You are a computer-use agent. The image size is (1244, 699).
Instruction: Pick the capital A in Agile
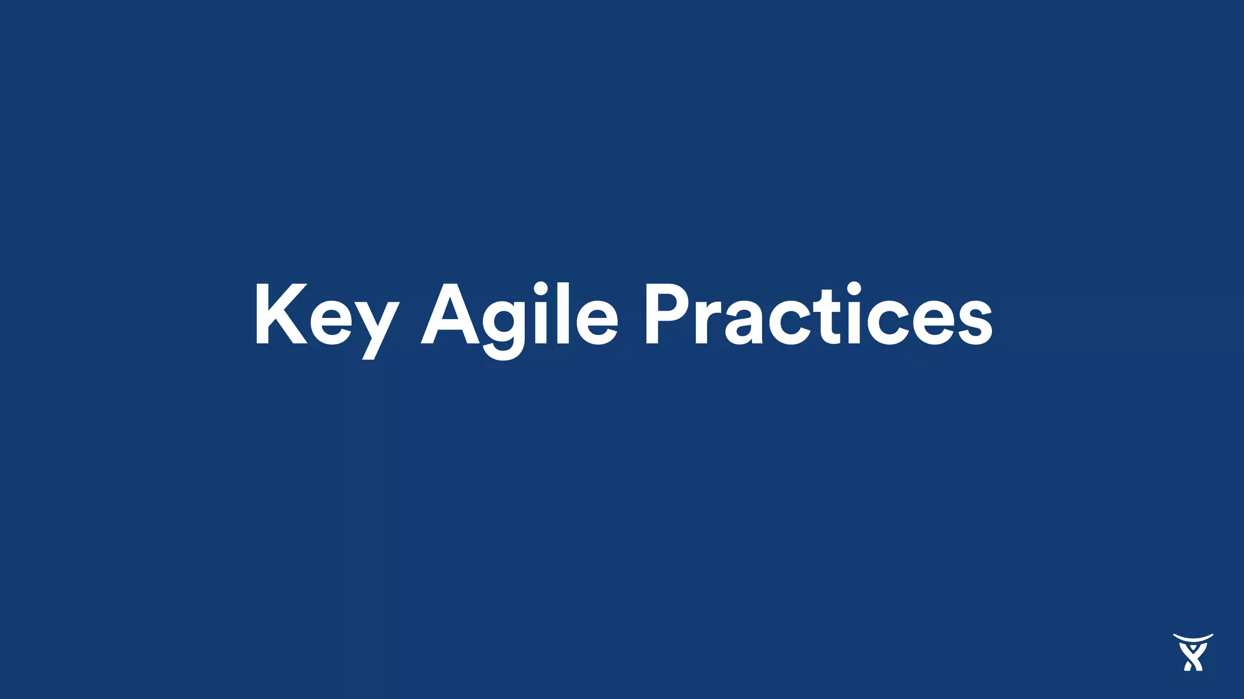(x=449, y=314)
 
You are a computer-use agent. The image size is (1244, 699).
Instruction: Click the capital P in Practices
(x=667, y=314)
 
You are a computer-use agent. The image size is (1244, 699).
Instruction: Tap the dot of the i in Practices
(x=854, y=289)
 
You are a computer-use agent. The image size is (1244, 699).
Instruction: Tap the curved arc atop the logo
(x=1192, y=638)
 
